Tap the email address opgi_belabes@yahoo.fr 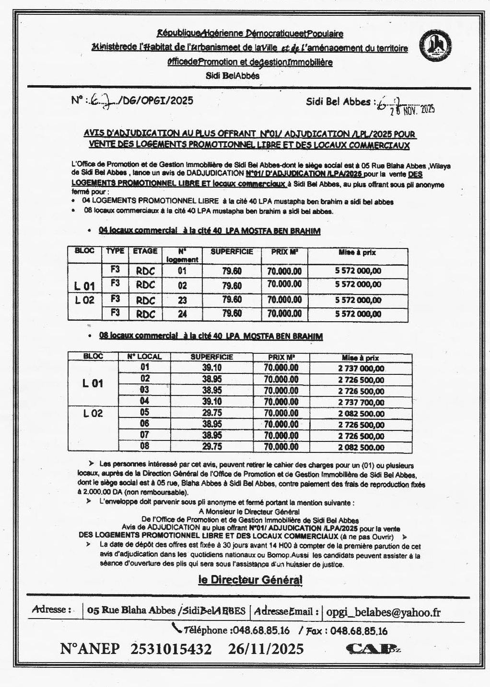click(x=383, y=611)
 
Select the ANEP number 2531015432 click(x=171, y=649)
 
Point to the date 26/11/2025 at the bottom click(x=266, y=649)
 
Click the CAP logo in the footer click(x=372, y=648)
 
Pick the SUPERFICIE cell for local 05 click(x=212, y=413)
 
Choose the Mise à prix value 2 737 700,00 click(x=361, y=402)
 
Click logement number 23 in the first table click(x=182, y=300)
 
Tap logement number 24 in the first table click(x=182, y=314)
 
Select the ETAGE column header click(x=145, y=251)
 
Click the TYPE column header click(x=115, y=251)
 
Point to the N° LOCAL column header click(x=144, y=357)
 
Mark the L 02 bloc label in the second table click(x=93, y=414)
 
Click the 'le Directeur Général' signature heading click(x=250, y=580)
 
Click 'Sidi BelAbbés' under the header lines click(x=233, y=75)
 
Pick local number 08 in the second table click(x=144, y=446)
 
